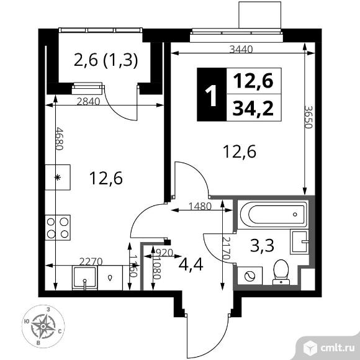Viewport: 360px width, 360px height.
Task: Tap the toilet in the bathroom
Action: tap(280, 270)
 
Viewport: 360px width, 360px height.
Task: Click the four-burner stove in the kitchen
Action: tap(57, 227)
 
